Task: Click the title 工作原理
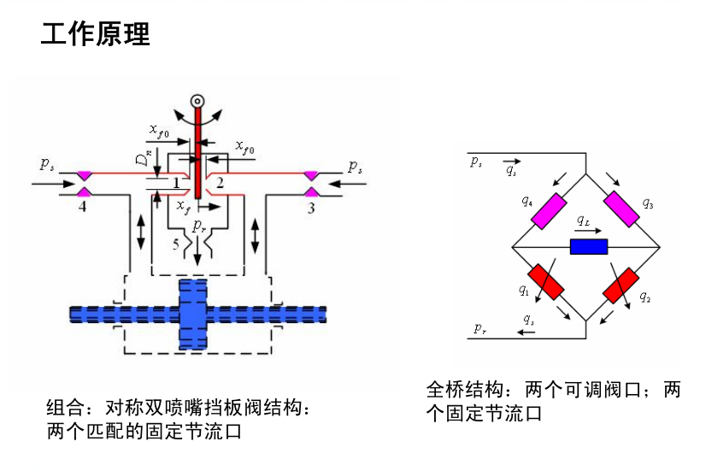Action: [96, 34]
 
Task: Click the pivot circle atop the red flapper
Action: [197, 102]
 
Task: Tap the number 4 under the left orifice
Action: [82, 206]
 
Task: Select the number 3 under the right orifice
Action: [311, 207]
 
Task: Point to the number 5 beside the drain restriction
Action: [176, 245]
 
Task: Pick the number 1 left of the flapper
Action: [175, 183]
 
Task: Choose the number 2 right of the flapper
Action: [220, 183]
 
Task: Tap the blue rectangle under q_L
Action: [588, 247]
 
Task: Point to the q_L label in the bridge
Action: [583, 221]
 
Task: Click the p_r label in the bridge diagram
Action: [479, 328]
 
